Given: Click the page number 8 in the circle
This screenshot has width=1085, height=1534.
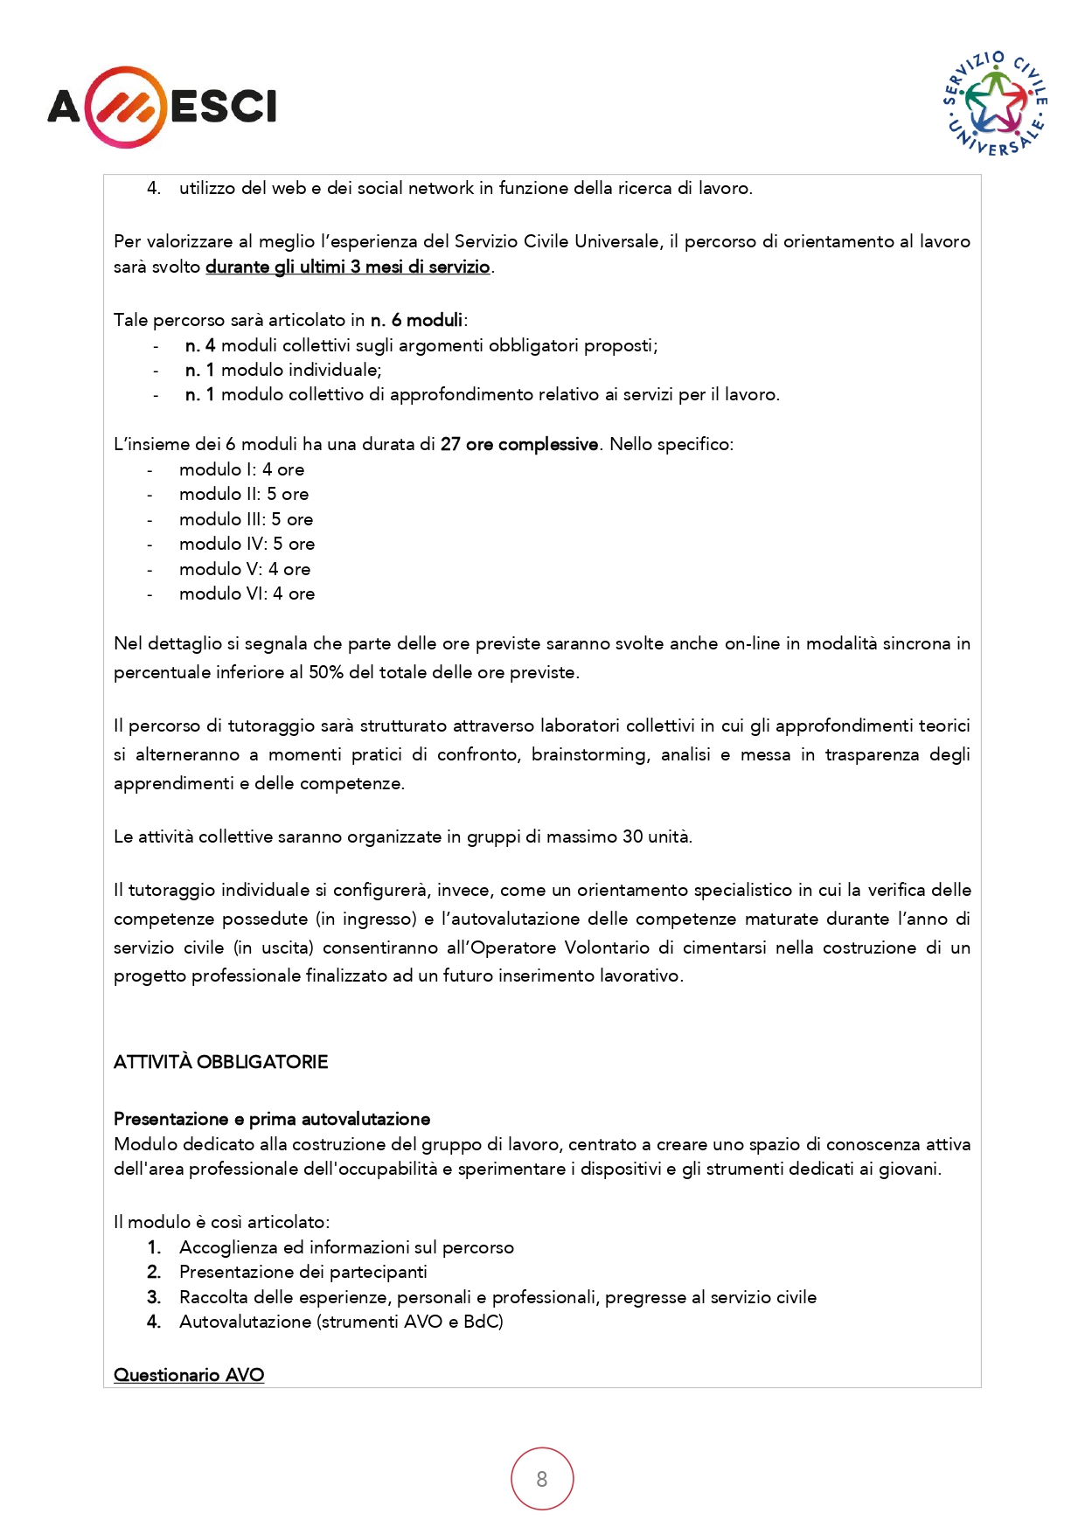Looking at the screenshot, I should point(542,1479).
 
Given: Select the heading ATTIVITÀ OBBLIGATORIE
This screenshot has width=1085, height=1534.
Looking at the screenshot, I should point(220,1062).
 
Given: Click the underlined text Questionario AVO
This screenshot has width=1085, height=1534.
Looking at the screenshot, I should point(189,1375).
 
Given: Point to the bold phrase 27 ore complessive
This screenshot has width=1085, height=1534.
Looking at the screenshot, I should point(519,444).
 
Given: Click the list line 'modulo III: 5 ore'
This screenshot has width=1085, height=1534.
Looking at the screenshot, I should point(246,519).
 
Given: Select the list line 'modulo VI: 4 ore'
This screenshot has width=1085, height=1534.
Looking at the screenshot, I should point(247,593).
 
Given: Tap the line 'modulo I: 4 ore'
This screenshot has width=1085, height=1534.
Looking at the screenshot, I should point(241,469).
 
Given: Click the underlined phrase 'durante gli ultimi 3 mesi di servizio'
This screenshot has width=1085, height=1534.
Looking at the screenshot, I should point(347,267).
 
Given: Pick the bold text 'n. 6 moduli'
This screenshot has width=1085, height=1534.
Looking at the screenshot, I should point(416,320).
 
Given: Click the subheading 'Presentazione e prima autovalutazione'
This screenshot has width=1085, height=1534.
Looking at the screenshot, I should point(272,1119).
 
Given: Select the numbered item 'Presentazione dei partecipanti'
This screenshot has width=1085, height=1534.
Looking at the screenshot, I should point(303,1272).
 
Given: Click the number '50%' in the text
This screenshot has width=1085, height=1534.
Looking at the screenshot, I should point(326,672).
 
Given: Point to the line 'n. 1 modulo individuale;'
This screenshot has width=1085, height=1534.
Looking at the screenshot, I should point(283,370).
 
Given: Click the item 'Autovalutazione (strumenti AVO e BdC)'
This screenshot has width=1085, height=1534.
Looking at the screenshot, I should point(341,1322).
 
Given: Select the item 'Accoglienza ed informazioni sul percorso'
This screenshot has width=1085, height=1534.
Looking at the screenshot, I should point(346,1247).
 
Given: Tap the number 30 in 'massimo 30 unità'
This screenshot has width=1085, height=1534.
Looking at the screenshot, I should point(632,836).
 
